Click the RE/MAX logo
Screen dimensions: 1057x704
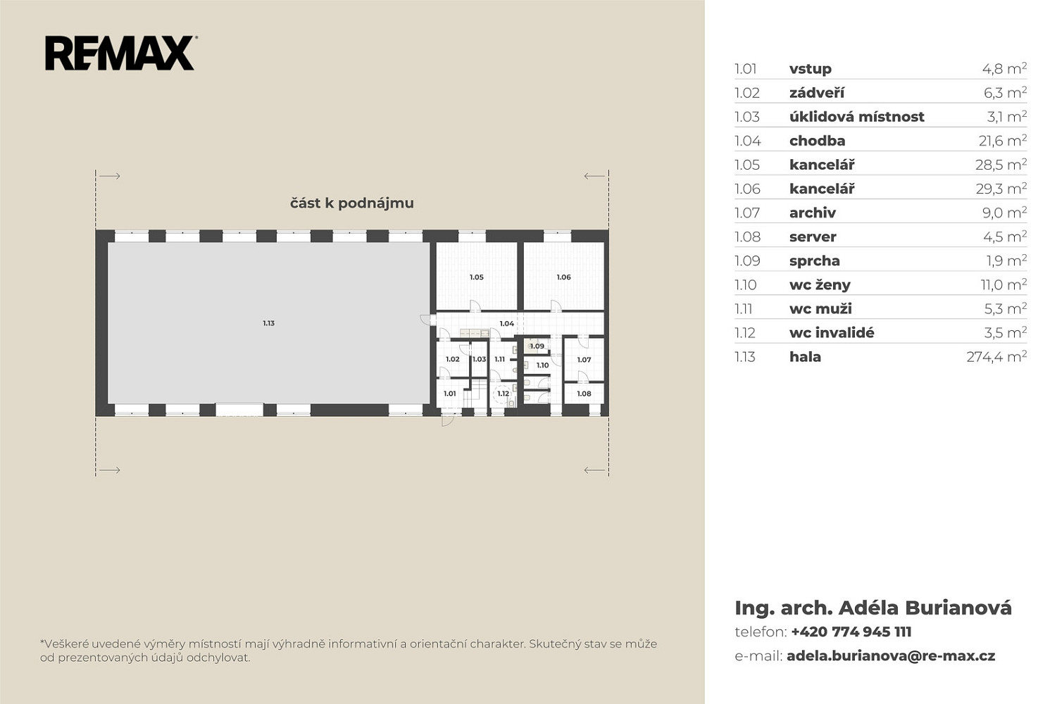click(121, 54)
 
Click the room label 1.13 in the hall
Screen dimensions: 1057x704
click(268, 323)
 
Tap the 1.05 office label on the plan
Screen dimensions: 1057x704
click(477, 277)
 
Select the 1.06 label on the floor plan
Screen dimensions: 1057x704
click(563, 277)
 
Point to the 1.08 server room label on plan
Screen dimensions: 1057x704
click(584, 394)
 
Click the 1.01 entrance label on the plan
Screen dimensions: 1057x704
click(450, 394)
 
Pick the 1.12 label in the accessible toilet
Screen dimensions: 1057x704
click(504, 394)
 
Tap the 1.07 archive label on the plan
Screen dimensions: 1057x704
click(584, 360)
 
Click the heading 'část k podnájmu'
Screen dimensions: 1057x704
click(352, 203)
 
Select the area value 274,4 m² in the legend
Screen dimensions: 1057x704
click(996, 357)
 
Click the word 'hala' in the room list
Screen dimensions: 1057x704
click(805, 357)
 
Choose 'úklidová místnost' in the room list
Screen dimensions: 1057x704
click(857, 117)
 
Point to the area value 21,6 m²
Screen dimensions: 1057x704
click(1003, 141)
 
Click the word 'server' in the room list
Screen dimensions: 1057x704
click(813, 237)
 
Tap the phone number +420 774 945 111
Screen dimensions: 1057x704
click(851, 631)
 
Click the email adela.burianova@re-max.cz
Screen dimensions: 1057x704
click(891, 656)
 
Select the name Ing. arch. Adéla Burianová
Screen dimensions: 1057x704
click(873, 608)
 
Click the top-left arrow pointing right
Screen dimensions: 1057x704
click(110, 176)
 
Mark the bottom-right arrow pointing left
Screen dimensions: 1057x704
click(594, 470)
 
